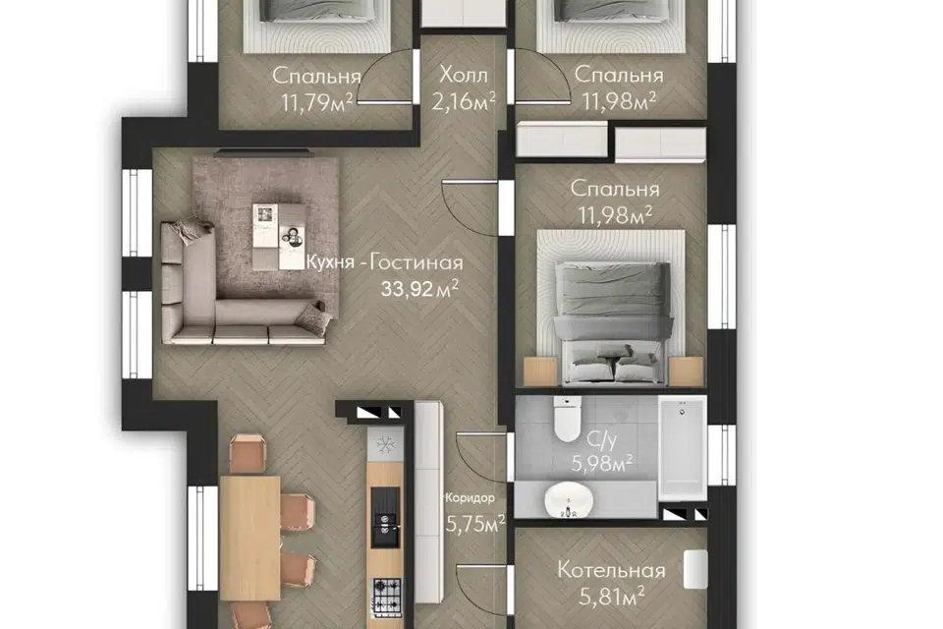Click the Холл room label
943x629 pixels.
pos(463,76)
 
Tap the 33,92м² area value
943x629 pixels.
pos(419,288)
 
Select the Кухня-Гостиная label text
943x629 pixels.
pos(385,263)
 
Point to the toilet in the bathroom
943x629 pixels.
pos(567,419)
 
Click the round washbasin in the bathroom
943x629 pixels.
pos(569,500)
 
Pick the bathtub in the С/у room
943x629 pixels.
pos(682,448)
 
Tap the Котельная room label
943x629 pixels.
pos(611,570)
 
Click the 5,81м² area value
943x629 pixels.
pos(612,598)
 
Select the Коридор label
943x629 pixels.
pos(470,497)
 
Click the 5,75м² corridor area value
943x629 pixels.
pos(475,524)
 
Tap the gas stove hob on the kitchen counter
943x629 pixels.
pos(386,598)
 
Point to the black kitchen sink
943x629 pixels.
pos(385,518)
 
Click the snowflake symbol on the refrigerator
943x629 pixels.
pos(385,445)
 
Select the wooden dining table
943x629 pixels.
pos(250,538)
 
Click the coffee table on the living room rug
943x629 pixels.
pos(277,237)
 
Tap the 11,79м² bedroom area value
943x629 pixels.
pos(316,102)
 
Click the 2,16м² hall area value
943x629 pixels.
pos(463,101)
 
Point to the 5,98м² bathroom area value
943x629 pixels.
pos(601,463)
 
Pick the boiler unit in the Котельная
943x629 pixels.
pos(695,569)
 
